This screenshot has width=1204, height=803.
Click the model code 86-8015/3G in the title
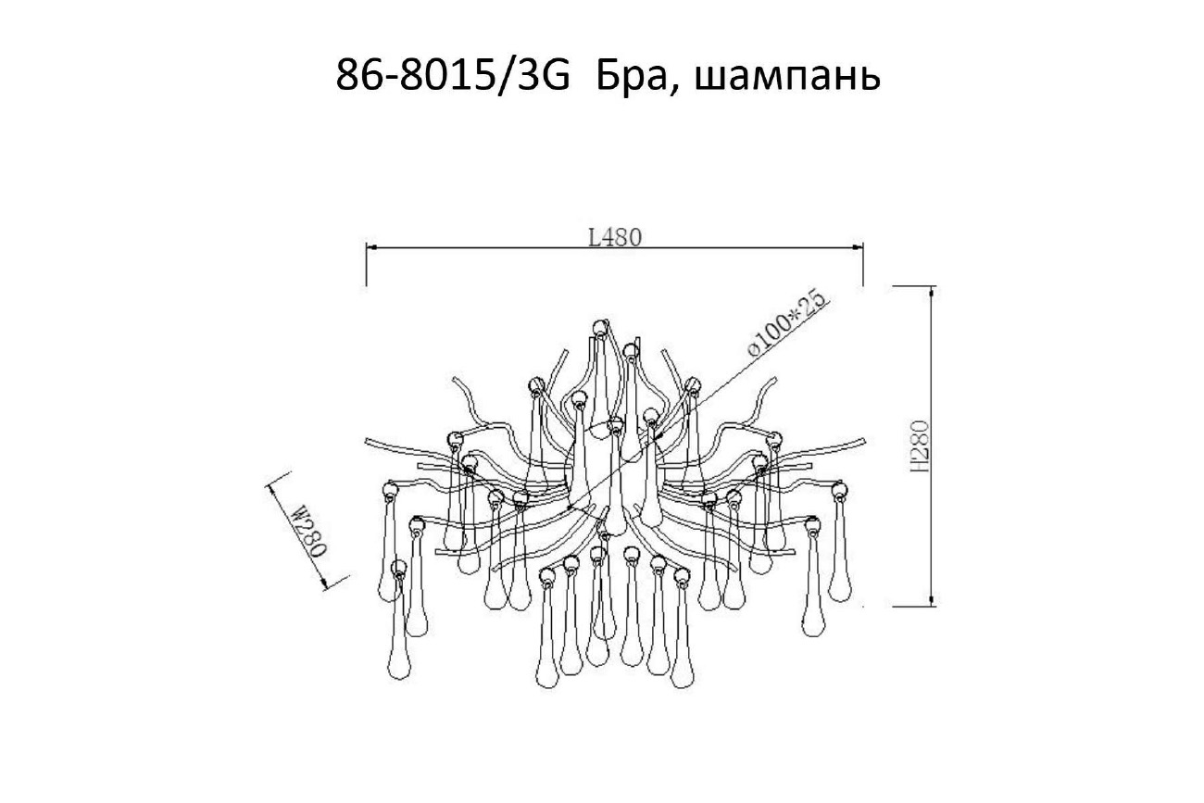(x=452, y=77)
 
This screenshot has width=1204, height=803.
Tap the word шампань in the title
(x=786, y=79)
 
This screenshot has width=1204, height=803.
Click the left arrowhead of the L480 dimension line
(x=372, y=247)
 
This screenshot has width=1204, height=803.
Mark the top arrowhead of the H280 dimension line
(x=930, y=293)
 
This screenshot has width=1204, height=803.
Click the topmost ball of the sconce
(x=600, y=326)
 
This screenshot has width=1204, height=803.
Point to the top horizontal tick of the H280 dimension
(x=912, y=286)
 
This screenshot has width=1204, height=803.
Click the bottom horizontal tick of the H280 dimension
(x=912, y=607)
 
